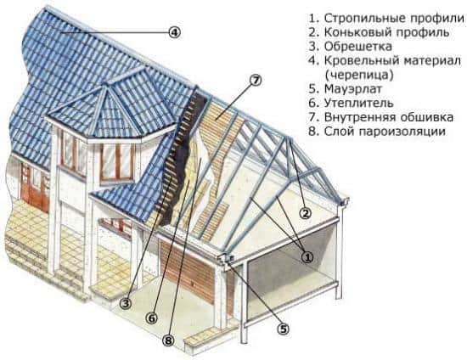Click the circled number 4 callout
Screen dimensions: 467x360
click(x=175, y=32)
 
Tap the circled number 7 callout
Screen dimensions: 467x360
click(x=256, y=81)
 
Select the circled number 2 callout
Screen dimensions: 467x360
click(x=305, y=213)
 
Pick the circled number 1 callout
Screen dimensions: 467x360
click(x=307, y=257)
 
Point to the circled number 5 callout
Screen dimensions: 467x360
click(x=283, y=329)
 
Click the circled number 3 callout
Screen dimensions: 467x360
click(x=126, y=303)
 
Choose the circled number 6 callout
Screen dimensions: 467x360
click(x=151, y=318)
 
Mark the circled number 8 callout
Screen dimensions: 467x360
click(x=168, y=340)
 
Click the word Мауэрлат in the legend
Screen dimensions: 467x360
click(x=353, y=89)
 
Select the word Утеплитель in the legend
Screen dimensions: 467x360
click(x=358, y=103)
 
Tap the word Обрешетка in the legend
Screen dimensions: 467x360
click(x=358, y=47)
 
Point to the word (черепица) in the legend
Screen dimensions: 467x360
click(x=359, y=75)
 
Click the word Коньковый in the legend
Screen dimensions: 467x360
click(x=357, y=32)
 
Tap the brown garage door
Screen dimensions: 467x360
click(x=188, y=270)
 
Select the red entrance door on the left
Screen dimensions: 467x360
click(x=35, y=187)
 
